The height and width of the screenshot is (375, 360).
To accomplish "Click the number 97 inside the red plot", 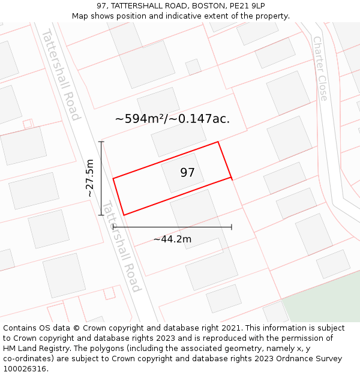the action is [x=187, y=173].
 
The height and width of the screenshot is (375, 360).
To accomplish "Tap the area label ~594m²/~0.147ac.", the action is [x=172, y=119].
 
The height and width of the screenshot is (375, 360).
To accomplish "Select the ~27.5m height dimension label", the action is [x=89, y=178].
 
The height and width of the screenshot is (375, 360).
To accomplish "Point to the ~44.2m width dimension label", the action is [x=172, y=239].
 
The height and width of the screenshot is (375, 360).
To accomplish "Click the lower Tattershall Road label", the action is [x=121, y=247].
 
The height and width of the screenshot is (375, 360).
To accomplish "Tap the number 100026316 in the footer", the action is [x=25, y=369].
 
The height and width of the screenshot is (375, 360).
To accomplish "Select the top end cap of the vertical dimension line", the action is [x=101, y=142].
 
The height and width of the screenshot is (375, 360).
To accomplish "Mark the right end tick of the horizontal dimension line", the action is [x=232, y=227].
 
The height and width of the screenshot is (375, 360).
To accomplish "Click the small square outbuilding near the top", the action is [x=193, y=67].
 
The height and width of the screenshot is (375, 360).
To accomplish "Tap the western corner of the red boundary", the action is [x=113, y=178].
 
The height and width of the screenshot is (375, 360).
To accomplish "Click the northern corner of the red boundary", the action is [x=218, y=142].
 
